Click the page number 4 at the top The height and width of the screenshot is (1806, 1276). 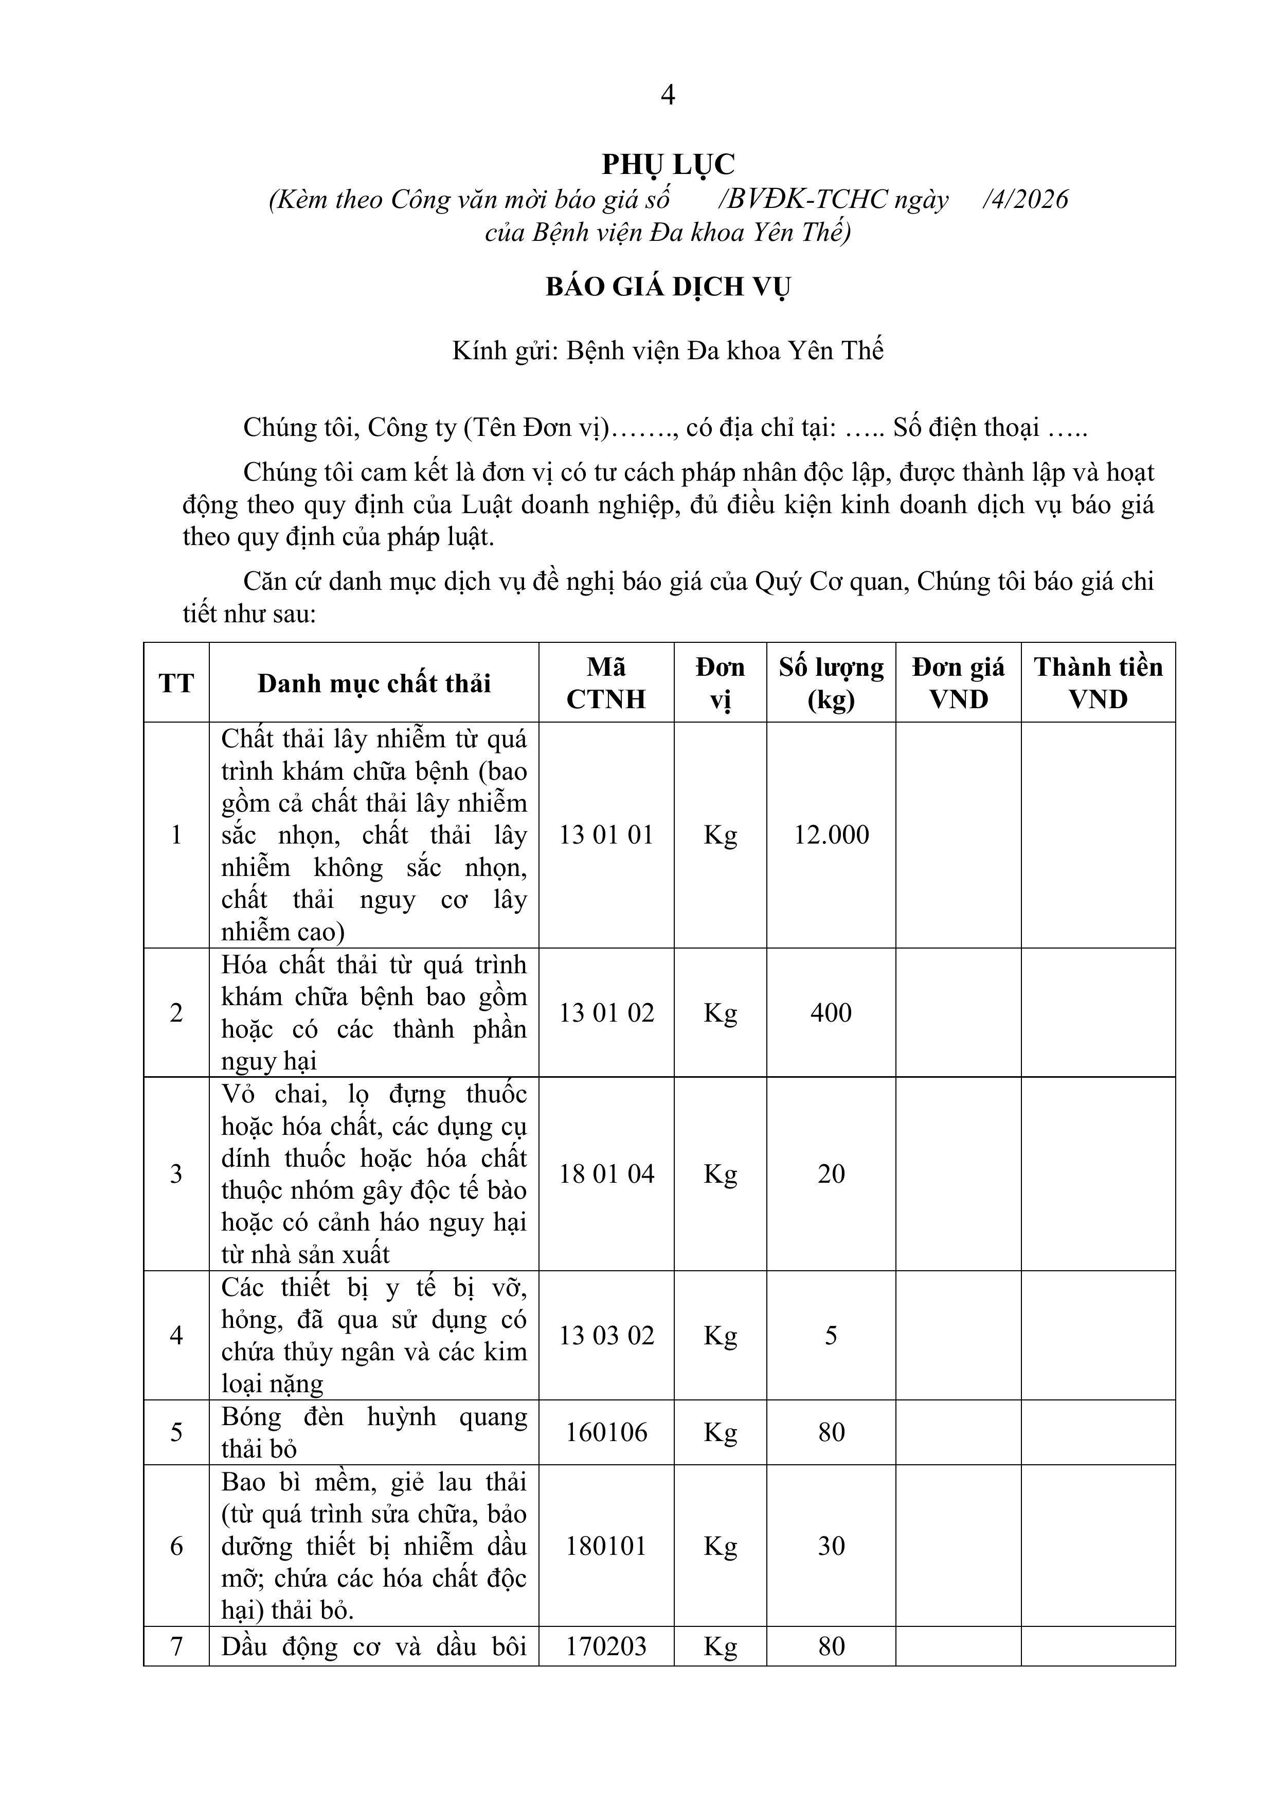[668, 95]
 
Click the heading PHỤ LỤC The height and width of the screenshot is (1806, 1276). [668, 164]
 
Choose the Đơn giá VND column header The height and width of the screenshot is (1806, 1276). [958, 683]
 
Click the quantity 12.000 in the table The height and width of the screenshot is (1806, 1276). [831, 835]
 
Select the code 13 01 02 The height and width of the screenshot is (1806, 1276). [606, 1012]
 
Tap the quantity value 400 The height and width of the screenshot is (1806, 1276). [831, 1012]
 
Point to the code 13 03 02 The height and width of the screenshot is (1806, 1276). [606, 1335]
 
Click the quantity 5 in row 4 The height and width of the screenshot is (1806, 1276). [831, 1335]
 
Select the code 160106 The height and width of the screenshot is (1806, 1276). [606, 1432]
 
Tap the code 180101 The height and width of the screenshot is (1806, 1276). [606, 1546]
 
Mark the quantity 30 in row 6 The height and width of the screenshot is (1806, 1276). [831, 1546]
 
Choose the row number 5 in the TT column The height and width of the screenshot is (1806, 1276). [176, 1432]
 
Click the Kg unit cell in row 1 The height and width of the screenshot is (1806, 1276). [720, 835]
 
